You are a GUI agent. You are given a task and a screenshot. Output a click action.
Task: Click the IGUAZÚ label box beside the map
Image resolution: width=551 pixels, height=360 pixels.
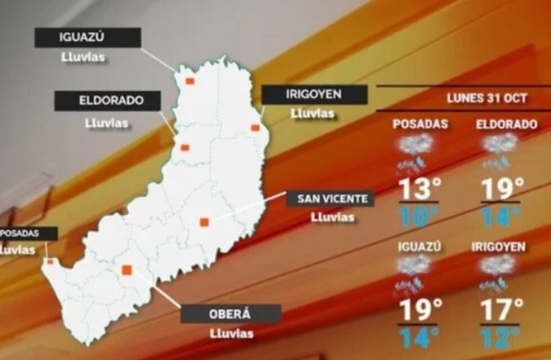[x=87, y=38]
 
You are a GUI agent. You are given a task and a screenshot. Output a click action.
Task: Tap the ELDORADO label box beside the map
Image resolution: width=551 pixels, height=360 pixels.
[x=107, y=101]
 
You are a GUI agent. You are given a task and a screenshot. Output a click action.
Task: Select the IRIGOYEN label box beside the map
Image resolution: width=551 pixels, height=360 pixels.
[x=314, y=94]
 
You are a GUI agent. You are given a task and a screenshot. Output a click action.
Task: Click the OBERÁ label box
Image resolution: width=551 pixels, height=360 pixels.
[x=231, y=314]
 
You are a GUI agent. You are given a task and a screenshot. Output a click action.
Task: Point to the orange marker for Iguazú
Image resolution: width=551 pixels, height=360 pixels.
[x=190, y=81]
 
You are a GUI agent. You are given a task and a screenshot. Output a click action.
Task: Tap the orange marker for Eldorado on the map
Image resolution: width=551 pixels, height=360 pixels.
[x=185, y=148]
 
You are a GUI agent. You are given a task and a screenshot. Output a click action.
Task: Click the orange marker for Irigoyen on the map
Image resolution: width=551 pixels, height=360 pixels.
[x=255, y=128]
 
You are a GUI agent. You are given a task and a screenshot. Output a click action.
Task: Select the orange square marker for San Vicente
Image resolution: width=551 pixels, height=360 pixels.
[x=204, y=222]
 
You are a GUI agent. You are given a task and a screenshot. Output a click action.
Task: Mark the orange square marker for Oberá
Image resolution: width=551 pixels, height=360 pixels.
[x=127, y=269]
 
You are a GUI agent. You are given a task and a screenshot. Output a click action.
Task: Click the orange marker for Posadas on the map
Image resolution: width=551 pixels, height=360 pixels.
[x=50, y=261]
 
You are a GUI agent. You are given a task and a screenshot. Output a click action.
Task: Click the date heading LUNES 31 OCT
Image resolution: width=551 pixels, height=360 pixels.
[x=487, y=98]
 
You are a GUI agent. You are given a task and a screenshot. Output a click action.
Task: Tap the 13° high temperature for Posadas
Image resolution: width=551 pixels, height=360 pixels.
[x=419, y=190]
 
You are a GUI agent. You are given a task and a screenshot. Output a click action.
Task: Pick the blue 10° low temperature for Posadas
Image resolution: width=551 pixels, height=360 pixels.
[x=419, y=217]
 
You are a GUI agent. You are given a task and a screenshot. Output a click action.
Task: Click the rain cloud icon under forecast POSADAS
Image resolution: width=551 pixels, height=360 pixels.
[x=415, y=152]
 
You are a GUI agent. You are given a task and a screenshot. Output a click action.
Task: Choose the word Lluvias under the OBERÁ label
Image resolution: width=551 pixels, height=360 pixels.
[x=232, y=334]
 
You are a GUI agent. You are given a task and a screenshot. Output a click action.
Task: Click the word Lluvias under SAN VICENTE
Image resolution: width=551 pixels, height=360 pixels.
[x=333, y=217]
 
